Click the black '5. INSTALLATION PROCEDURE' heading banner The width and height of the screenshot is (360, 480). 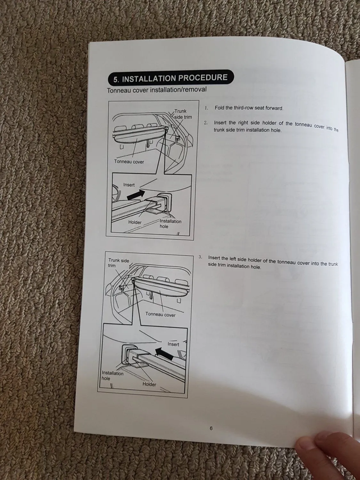pos(171,78)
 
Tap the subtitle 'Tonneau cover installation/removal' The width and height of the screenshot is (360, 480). pos(156,90)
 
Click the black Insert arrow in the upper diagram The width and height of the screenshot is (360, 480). pos(136,195)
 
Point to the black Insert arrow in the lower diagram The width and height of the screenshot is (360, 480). pos(164,354)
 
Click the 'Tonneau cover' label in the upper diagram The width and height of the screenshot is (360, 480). pos(129,162)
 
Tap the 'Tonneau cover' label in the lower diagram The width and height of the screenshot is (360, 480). pos(160,315)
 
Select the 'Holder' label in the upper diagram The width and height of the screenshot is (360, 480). pos(135,222)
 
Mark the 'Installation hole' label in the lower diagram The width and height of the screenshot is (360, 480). pos(113,376)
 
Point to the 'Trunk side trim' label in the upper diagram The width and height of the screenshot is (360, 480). pos(183,114)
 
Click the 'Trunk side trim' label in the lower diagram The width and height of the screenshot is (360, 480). pos(119,263)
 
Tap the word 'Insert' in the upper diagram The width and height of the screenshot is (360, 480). pos(129,185)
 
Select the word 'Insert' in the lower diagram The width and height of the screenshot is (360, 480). pos(173,344)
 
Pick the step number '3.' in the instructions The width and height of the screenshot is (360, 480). pos(200,257)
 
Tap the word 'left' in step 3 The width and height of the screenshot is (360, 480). pos(233,259)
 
